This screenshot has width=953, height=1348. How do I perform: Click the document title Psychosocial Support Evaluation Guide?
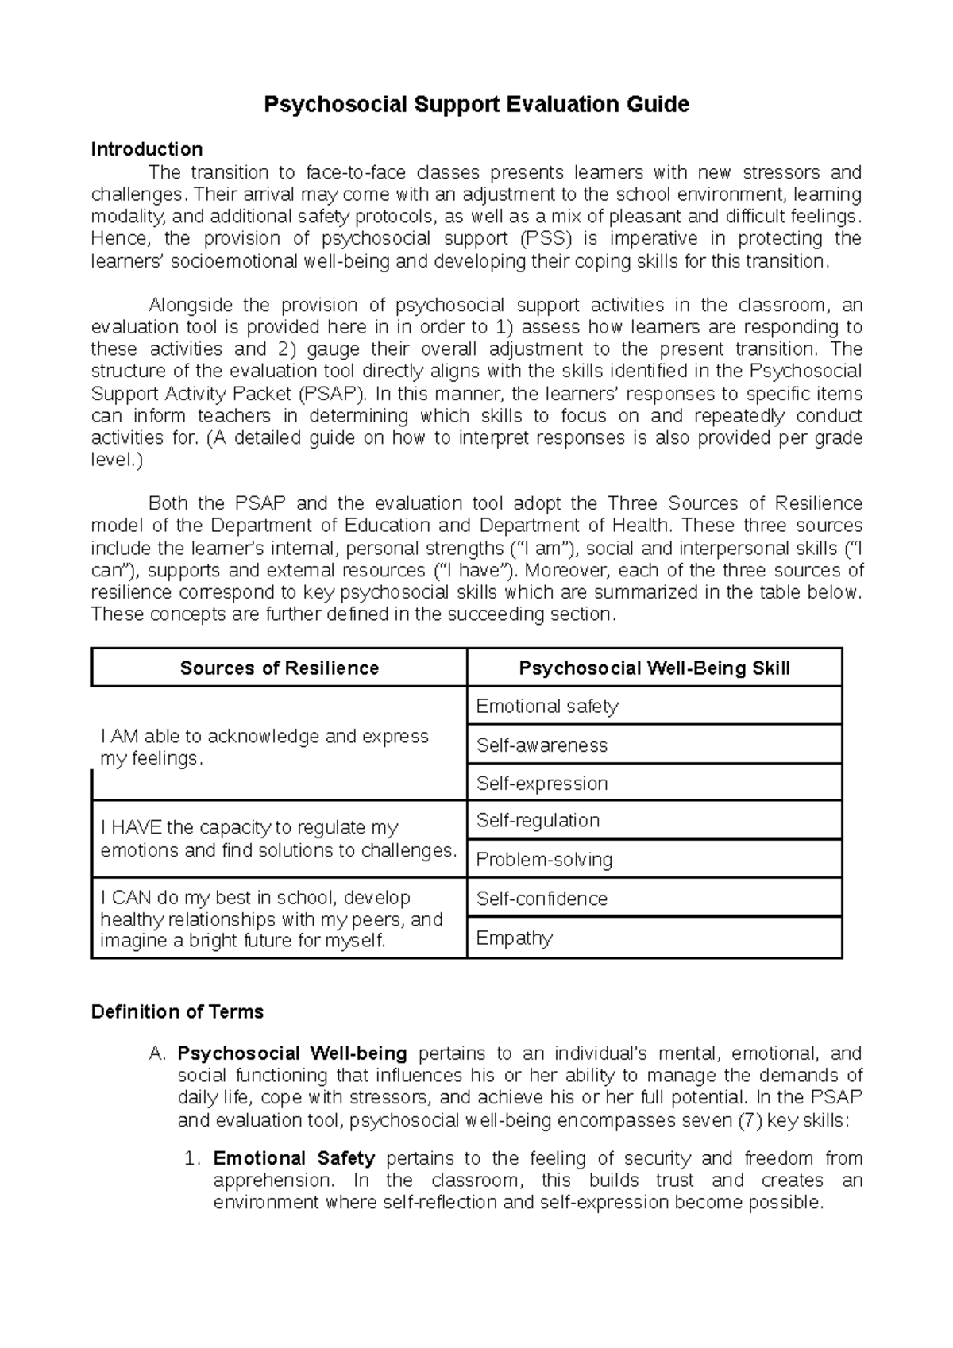pyautogui.click(x=476, y=104)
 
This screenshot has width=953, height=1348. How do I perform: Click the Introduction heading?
pyautogui.click(x=147, y=149)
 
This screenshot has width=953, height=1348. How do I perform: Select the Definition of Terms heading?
pyautogui.click(x=177, y=1011)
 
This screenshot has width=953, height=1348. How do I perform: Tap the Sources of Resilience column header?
pyautogui.click(x=279, y=668)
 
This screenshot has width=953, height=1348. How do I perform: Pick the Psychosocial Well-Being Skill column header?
pyautogui.click(x=654, y=668)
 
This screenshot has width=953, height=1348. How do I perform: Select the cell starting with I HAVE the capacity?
pyautogui.click(x=278, y=839)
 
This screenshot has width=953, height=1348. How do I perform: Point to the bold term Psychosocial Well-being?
pyautogui.click(x=292, y=1053)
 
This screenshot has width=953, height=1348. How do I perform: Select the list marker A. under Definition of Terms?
pyautogui.click(x=157, y=1053)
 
